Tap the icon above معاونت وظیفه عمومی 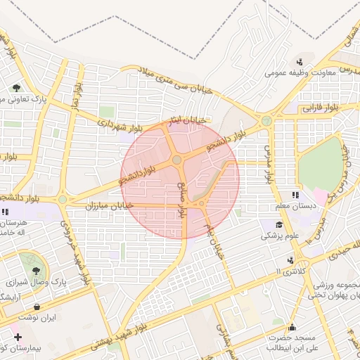(x=300, y=62)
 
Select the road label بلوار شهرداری (x=118, y=124)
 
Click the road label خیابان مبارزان (x=105, y=206)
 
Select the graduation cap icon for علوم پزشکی (x=279, y=225)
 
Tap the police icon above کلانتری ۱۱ (x=290, y=260)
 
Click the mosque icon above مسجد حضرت (x=292, y=326)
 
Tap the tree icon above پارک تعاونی (x=16, y=88)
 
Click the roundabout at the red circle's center (x=176, y=161)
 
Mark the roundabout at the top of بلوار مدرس (x=266, y=121)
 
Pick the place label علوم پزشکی (x=280, y=236)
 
